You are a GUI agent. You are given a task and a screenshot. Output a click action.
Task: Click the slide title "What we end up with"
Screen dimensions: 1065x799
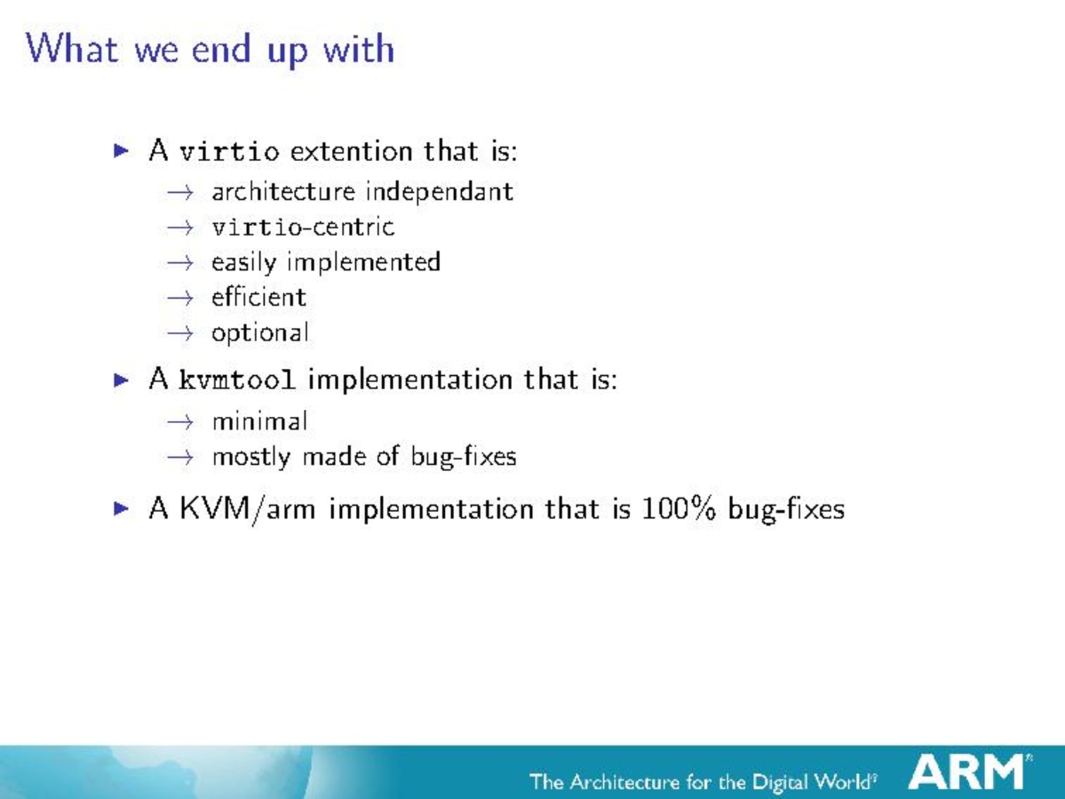[x=210, y=49]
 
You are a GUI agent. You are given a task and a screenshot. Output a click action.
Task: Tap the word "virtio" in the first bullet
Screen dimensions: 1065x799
[x=229, y=151]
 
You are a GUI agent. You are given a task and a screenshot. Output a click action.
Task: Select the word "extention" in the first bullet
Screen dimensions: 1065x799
[x=351, y=151]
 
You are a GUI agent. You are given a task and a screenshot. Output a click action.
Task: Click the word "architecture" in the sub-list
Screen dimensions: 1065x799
[x=283, y=191]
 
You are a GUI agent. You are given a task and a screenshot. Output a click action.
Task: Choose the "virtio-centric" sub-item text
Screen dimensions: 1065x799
[x=303, y=227]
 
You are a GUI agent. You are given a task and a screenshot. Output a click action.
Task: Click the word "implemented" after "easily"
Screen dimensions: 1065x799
[x=364, y=263]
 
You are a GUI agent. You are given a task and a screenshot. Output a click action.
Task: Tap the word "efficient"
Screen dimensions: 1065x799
[x=258, y=297]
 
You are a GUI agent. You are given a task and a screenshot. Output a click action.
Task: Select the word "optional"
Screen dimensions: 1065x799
[x=260, y=333]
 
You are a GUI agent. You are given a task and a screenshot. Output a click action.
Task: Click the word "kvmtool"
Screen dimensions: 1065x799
[x=237, y=379]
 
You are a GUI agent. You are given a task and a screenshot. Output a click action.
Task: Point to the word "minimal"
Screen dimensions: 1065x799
[x=260, y=421]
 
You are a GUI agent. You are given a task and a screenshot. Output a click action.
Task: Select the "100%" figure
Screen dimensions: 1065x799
[x=678, y=509]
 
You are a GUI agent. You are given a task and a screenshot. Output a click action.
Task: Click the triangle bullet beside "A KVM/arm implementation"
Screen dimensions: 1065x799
[x=121, y=509]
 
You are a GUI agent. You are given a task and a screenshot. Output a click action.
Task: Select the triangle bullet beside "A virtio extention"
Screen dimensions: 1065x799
[x=121, y=151]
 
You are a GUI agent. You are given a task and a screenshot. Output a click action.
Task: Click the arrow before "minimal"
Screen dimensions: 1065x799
[x=180, y=422]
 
